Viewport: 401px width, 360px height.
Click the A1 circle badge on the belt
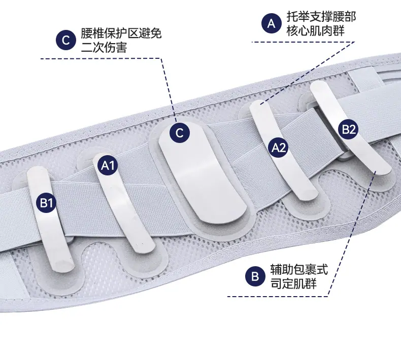(x=108, y=166)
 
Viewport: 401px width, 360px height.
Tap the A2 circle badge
(x=279, y=148)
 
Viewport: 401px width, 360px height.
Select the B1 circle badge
(x=46, y=203)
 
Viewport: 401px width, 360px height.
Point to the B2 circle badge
(x=349, y=129)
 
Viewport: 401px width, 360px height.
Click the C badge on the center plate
(x=180, y=133)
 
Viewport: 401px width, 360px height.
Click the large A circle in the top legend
(x=272, y=23)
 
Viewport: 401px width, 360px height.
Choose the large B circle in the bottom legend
(x=255, y=276)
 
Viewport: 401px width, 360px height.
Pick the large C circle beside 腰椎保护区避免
(x=65, y=40)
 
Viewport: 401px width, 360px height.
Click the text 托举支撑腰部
(x=321, y=17)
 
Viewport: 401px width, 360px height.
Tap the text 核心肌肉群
(x=315, y=31)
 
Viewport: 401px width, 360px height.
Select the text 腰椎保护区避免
(x=121, y=33)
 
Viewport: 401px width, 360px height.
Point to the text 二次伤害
(x=104, y=48)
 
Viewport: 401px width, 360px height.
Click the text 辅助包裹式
(x=299, y=269)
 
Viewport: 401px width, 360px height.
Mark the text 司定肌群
(x=293, y=283)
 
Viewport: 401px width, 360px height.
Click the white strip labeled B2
(x=350, y=128)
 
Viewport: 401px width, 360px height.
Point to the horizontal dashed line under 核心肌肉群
(x=304, y=42)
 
